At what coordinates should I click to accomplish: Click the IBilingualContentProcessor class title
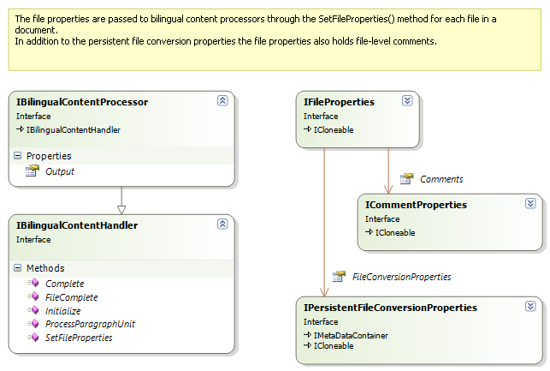click(82, 102)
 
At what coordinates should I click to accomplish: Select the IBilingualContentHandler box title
click(77, 225)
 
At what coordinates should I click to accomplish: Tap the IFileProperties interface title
click(339, 102)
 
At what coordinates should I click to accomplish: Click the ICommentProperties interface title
click(416, 205)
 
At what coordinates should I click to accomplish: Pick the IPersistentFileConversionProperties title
click(390, 307)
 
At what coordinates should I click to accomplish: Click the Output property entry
click(59, 171)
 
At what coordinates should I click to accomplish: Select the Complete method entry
click(64, 284)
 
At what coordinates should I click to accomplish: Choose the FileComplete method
click(71, 297)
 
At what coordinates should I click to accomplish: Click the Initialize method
click(62, 311)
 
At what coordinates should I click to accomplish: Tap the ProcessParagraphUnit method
click(90, 325)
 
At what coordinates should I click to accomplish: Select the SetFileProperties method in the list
click(78, 338)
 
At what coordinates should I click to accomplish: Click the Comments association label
click(441, 179)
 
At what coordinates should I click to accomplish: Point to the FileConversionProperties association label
click(400, 277)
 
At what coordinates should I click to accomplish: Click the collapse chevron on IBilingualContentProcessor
click(222, 101)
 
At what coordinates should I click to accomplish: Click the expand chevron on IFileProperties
click(407, 101)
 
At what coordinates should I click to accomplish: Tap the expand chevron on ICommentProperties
click(530, 204)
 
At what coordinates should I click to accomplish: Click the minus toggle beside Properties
click(17, 156)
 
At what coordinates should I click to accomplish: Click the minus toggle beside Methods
click(17, 268)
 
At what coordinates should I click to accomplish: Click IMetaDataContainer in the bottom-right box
click(350, 335)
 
